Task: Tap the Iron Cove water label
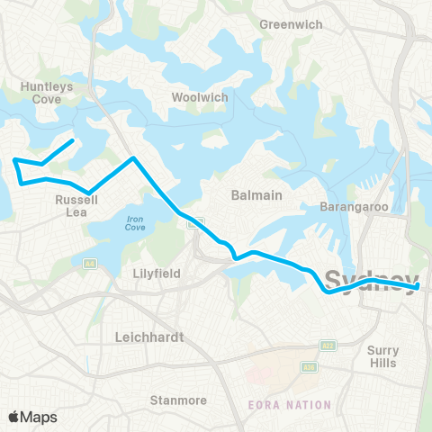[x=135, y=223]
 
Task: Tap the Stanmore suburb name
[x=177, y=400]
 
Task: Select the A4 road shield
[x=90, y=264]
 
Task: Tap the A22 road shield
[x=326, y=346]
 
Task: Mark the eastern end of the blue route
[x=419, y=287]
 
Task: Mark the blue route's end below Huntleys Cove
[x=73, y=140]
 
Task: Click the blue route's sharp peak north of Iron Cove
[x=133, y=158]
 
